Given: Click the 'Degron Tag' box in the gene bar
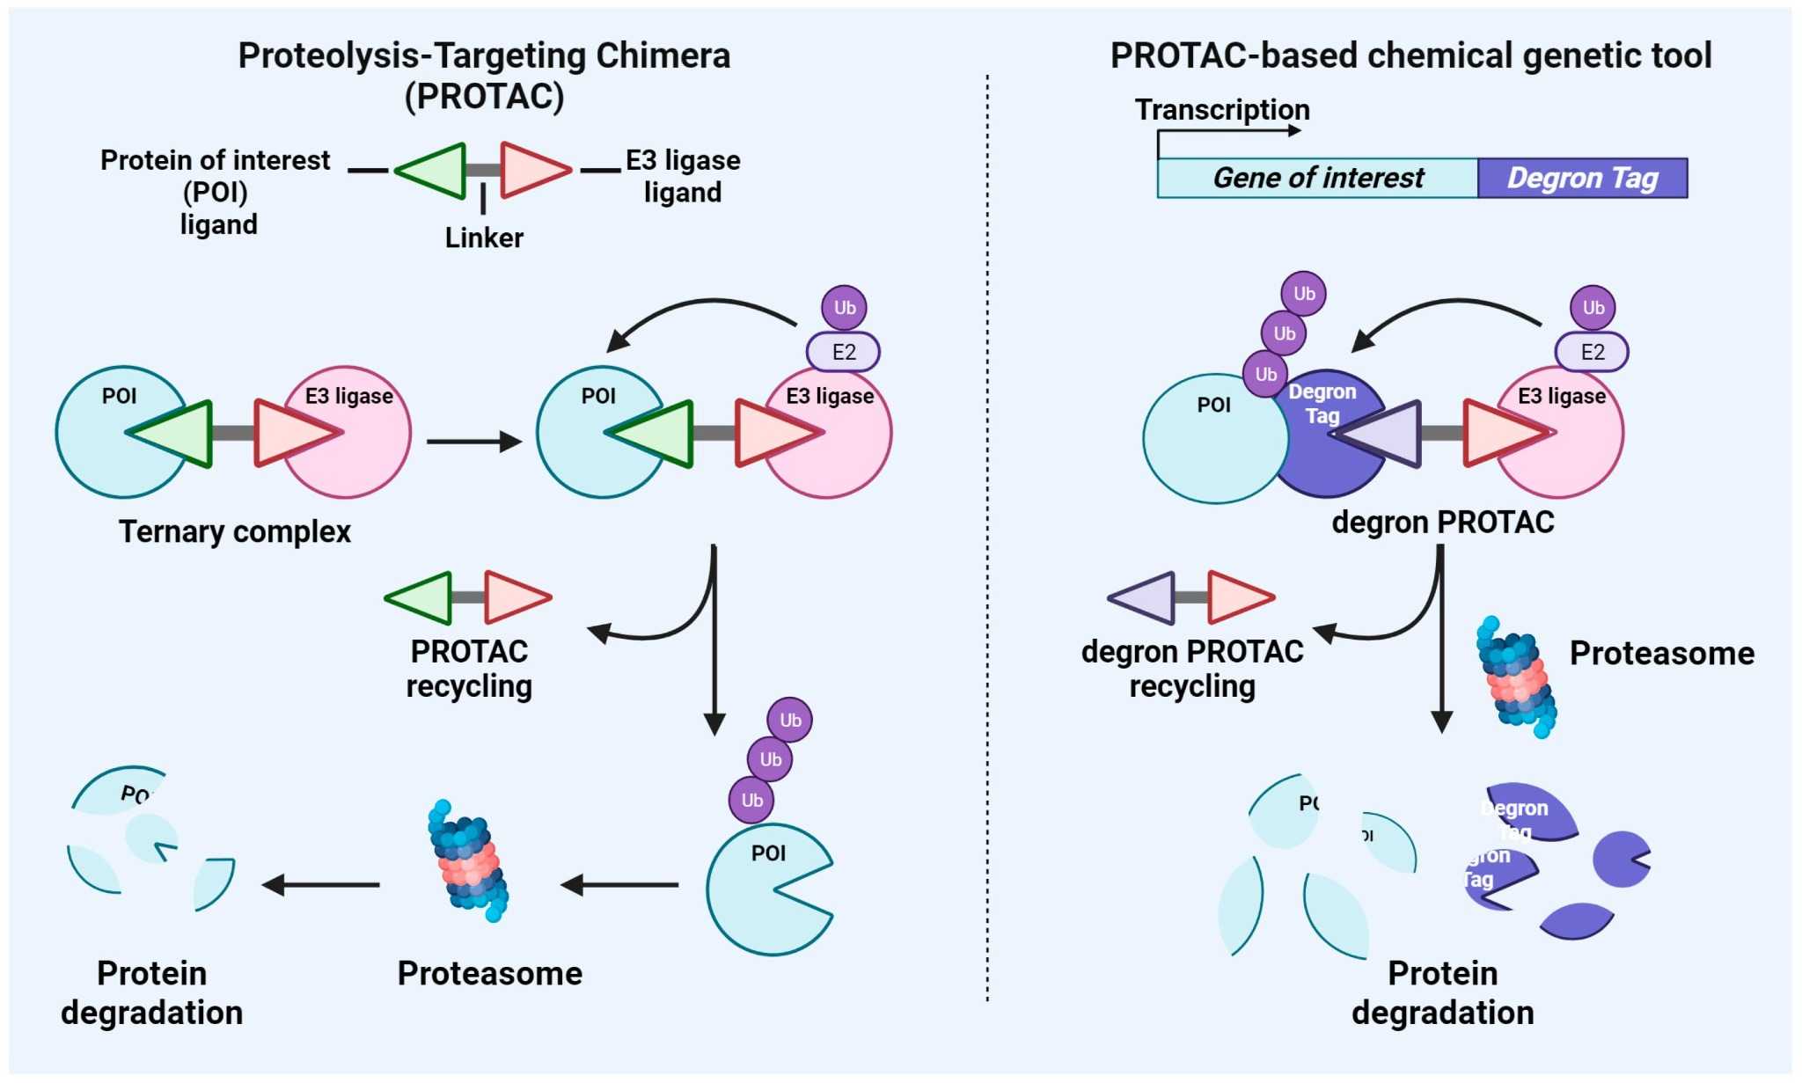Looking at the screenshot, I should (x=1582, y=178).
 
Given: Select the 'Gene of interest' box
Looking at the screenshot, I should (x=1317, y=178).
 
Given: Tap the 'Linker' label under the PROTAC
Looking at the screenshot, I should (x=484, y=238).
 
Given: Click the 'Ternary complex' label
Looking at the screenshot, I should (x=235, y=531).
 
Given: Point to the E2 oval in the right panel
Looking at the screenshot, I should (x=1592, y=352).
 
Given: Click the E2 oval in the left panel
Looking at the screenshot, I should (x=843, y=352).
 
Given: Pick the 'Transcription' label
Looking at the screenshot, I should (x=1222, y=110).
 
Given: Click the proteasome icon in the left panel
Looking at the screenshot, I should (x=468, y=860).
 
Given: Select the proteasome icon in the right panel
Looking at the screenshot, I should (x=1516, y=677).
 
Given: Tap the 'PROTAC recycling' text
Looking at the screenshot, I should (x=469, y=669).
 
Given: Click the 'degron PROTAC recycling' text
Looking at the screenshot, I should (x=1192, y=669).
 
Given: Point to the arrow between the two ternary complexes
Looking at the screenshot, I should (x=473, y=441).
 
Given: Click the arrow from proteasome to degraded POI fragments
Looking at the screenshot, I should (x=321, y=884).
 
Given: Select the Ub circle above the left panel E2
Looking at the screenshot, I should (x=844, y=307).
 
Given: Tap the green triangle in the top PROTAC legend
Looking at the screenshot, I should (x=436, y=170).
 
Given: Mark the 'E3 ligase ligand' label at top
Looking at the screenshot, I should (x=683, y=176).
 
